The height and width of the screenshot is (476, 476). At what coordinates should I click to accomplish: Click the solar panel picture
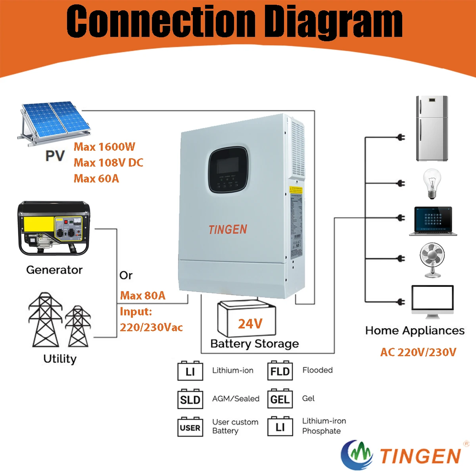54,121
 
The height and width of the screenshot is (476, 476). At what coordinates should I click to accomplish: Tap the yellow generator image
54,228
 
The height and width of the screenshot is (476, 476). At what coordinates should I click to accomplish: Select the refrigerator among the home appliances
432,128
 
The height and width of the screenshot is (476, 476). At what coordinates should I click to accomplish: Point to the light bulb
432,183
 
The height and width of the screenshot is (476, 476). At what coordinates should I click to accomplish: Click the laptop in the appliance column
433,221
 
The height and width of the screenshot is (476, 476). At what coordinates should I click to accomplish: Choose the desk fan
432,259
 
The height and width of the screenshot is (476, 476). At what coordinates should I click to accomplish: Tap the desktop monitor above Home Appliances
432,301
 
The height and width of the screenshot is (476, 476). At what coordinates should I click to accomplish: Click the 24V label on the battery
250,324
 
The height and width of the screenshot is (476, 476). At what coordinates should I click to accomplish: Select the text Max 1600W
104,147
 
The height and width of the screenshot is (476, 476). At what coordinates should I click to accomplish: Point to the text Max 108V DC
108,163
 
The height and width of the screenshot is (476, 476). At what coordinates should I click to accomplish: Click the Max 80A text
142,296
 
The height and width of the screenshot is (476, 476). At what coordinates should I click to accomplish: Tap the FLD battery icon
280,371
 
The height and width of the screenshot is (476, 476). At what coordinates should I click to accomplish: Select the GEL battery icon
280,399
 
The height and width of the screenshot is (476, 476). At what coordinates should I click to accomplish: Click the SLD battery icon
190,399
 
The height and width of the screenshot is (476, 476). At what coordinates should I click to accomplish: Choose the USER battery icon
190,427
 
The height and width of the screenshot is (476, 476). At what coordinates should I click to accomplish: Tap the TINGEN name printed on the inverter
228,229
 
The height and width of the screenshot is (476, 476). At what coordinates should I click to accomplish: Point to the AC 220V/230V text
418,352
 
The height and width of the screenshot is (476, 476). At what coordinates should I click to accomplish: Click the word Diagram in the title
333,22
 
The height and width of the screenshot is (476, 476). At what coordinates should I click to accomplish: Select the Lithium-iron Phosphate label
323,426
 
